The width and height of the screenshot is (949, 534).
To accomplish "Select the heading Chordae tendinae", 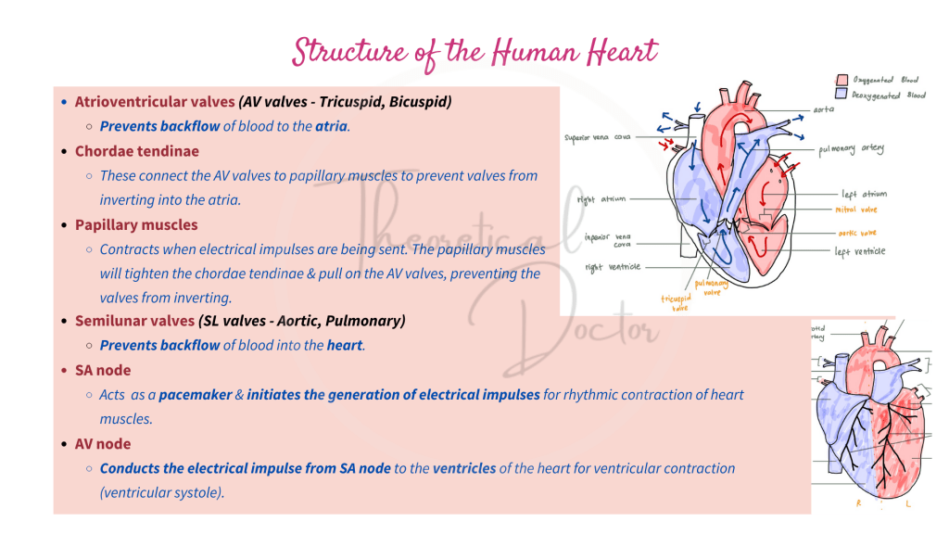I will [x=136, y=151].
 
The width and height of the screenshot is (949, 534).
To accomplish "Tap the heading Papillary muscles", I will [x=136, y=225].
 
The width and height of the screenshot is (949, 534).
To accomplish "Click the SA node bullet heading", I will [x=103, y=370].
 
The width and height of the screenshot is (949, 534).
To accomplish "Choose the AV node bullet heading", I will [x=103, y=444].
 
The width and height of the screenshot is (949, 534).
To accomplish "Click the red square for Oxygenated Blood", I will [x=842, y=81].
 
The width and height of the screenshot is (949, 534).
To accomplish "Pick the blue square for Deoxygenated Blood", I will [x=842, y=95].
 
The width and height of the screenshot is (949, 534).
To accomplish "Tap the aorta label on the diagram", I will [x=824, y=109].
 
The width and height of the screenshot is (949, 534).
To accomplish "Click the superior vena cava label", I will [x=598, y=139].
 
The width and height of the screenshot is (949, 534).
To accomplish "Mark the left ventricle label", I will [x=859, y=251].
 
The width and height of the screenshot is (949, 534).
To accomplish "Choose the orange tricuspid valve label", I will [x=675, y=303].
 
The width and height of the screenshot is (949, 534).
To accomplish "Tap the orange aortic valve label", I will [x=856, y=233].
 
